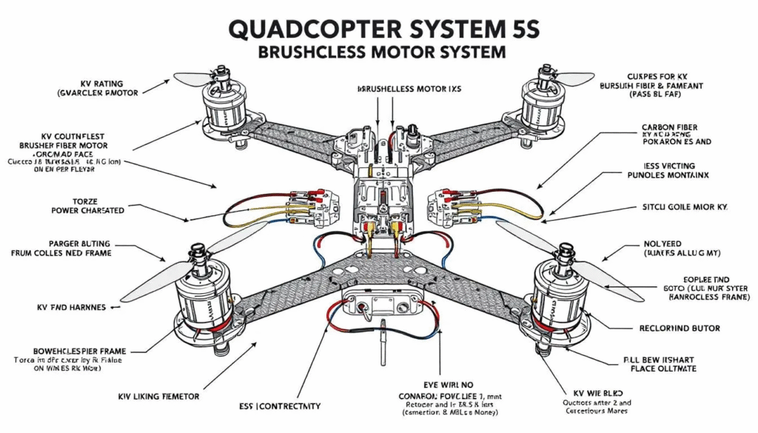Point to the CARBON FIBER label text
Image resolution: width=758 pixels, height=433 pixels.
coord(669,128)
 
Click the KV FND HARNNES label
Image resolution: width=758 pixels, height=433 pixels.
coord(71,306)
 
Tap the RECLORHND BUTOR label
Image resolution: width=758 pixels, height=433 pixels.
coord(679,328)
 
